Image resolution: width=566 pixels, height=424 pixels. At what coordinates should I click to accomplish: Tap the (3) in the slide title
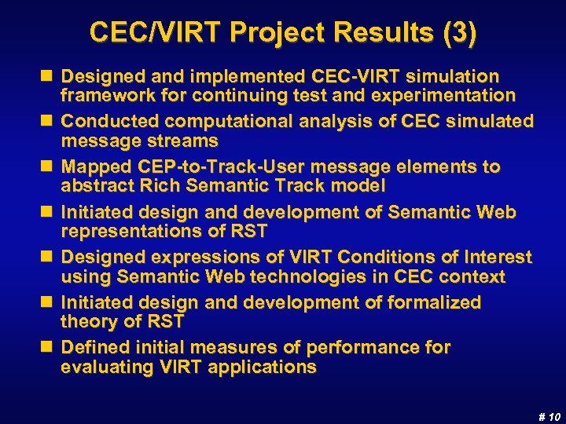click(x=459, y=32)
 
